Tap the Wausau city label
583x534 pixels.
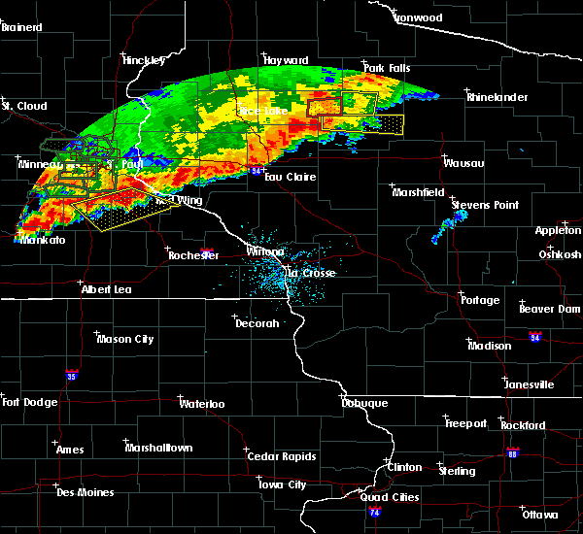(x=464, y=163)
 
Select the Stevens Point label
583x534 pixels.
(x=486, y=206)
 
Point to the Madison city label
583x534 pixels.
(x=490, y=347)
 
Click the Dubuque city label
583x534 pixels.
(x=364, y=403)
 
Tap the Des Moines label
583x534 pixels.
(x=86, y=492)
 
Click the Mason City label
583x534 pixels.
(x=125, y=340)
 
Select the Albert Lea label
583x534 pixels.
(x=107, y=289)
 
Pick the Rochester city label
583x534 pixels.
(x=193, y=255)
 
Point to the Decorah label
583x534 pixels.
(x=257, y=323)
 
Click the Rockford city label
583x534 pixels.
(x=524, y=426)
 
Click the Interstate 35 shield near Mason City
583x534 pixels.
(x=70, y=373)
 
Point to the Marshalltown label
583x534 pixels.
(x=158, y=448)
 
